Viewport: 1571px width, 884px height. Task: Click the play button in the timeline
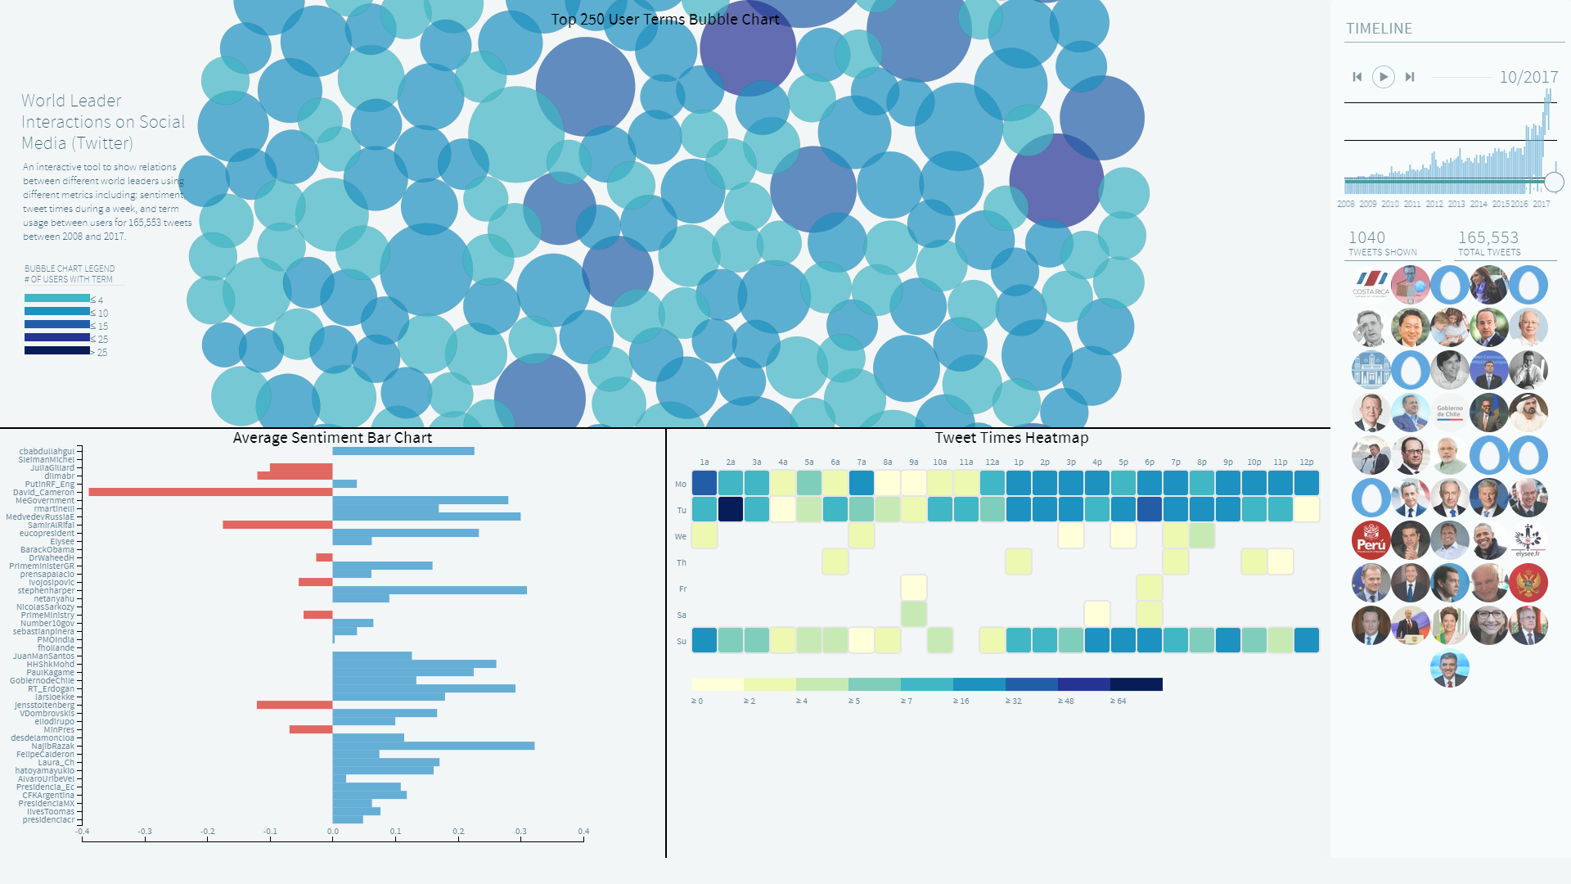click(1383, 77)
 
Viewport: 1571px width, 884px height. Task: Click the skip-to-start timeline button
click(1357, 77)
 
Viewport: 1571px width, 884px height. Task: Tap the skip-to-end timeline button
click(1410, 77)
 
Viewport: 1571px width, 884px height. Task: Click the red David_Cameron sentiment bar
click(210, 492)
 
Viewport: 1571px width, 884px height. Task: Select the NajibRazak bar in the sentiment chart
click(434, 746)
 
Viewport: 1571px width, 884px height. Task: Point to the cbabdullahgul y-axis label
click(47, 451)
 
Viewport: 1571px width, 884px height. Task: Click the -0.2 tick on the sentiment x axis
click(208, 832)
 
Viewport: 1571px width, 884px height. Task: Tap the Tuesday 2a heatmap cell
click(731, 509)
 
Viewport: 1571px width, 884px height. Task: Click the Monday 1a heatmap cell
click(704, 483)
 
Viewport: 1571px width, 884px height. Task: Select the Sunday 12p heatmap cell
click(1307, 640)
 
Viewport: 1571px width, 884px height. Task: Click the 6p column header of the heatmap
click(1150, 462)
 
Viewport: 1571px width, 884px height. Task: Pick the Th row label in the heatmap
click(682, 563)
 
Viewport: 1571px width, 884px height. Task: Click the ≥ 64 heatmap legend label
click(1119, 701)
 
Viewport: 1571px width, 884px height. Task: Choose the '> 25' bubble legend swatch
click(57, 350)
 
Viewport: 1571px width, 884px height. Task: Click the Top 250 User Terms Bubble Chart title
click(664, 19)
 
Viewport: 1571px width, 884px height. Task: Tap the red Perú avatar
click(1371, 540)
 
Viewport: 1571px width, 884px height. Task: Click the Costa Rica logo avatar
click(1371, 283)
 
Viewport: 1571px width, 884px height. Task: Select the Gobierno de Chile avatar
click(1450, 412)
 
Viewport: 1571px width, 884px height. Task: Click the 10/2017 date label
click(1528, 77)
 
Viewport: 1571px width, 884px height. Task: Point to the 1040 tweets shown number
click(1366, 237)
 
